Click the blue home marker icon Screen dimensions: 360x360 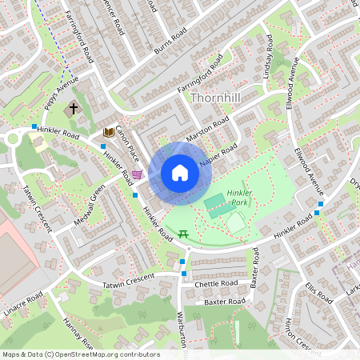[179, 174]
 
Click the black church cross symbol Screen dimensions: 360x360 [74, 107]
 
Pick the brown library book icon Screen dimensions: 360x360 [109, 132]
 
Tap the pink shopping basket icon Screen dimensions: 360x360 [137, 174]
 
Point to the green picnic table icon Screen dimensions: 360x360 [183, 234]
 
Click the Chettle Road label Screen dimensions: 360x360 [216, 283]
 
